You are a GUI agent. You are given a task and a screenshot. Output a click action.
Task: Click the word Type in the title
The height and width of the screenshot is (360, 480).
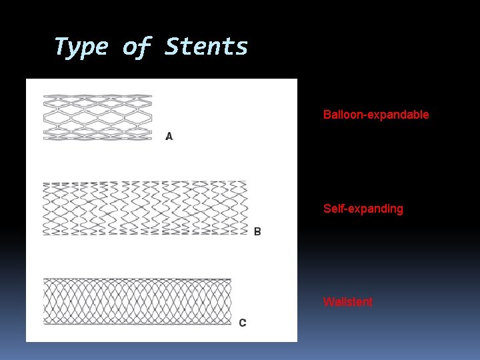tap(81, 47)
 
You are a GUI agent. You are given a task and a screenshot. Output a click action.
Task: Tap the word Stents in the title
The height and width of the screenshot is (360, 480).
tap(206, 47)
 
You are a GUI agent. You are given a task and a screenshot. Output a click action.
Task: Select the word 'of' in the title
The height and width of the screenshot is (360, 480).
tap(136, 47)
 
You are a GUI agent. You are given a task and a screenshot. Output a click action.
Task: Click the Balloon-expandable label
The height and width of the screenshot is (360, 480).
tap(376, 115)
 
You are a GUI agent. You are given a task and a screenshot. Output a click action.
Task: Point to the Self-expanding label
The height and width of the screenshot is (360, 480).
tap(363, 209)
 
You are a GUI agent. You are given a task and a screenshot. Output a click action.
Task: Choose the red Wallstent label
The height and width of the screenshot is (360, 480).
tap(347, 302)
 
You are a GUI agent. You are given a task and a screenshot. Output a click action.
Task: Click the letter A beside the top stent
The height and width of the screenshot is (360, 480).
tap(169, 137)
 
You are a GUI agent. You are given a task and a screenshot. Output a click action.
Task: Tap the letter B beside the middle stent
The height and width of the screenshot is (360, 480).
tap(257, 231)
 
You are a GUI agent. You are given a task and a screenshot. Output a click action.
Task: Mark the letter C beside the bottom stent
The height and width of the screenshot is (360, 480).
tap(242, 323)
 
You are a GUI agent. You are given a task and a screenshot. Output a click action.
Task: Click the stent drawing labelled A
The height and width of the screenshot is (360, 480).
tap(97, 117)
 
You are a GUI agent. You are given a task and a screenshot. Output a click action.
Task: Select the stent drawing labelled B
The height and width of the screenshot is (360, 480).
tap(145, 208)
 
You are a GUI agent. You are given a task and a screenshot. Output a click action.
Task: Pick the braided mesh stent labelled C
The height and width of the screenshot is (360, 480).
tap(137, 301)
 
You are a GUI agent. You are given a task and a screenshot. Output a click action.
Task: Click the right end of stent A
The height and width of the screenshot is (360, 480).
tap(150, 117)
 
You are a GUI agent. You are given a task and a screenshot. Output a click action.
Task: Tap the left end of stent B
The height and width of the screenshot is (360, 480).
tap(45, 208)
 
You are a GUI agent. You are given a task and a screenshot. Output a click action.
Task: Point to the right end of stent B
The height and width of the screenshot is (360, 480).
tap(244, 208)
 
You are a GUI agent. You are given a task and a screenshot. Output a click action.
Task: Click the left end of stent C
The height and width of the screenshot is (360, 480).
tap(46, 301)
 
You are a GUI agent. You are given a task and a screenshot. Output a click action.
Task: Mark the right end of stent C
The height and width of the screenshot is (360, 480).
tap(229, 301)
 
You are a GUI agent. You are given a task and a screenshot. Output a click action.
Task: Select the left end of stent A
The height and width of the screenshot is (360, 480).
tap(45, 117)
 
